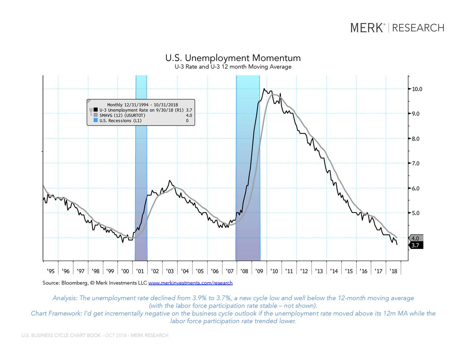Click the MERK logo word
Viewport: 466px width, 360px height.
coord(367,28)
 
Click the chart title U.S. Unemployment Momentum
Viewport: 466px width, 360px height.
coord(233,58)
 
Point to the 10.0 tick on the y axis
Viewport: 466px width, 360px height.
coord(417,89)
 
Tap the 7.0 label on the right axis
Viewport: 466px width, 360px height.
coord(415,163)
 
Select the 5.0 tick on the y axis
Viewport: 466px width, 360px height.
coord(415,213)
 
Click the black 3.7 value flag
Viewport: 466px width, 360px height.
coord(416,245)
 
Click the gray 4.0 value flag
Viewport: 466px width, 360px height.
coord(416,238)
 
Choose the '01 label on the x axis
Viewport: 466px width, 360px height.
coord(139,271)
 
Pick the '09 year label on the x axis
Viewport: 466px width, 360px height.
coord(259,271)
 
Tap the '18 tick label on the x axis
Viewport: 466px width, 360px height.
coord(393,271)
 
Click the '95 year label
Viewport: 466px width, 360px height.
coord(51,271)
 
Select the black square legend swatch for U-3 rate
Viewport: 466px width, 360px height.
coord(95,110)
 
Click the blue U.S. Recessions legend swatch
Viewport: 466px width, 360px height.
coord(95,120)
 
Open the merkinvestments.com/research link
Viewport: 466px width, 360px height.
coord(190,283)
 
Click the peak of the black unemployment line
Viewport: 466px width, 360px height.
coord(264,88)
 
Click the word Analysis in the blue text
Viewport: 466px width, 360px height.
coord(64,298)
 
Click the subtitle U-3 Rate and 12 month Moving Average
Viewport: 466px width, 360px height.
coord(233,67)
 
